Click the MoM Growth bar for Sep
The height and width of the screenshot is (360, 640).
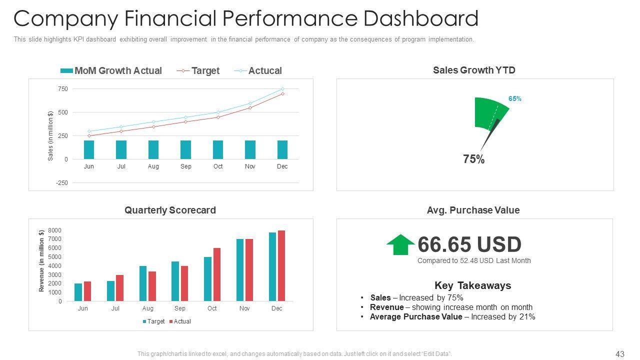pyautogui.click(x=185, y=149)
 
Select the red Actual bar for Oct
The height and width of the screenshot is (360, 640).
pyautogui.click(x=217, y=274)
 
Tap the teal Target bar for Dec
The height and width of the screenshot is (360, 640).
pyautogui.click(x=272, y=266)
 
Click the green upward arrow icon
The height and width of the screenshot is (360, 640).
pyautogui.click(x=400, y=244)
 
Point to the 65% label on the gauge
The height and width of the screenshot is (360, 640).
pyautogui.click(x=515, y=99)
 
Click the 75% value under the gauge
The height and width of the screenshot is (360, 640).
pyautogui.click(x=473, y=159)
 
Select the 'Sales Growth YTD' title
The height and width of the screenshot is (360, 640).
pyautogui.click(x=474, y=70)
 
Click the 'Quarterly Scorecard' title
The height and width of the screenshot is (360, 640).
pyautogui.click(x=170, y=210)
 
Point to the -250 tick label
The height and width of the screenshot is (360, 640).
pyautogui.click(x=62, y=183)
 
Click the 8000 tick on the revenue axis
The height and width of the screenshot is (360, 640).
pyautogui.click(x=55, y=230)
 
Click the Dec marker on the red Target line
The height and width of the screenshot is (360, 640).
pyautogui.click(x=282, y=93)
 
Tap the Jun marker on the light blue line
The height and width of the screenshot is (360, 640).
pyautogui.click(x=89, y=131)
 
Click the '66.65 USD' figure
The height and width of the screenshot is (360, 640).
pyautogui.click(x=469, y=244)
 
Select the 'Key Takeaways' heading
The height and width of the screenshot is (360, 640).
pyautogui.click(x=472, y=285)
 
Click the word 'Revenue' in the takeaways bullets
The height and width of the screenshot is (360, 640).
pyautogui.click(x=386, y=307)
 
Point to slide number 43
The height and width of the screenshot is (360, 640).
pyautogui.click(x=620, y=354)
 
